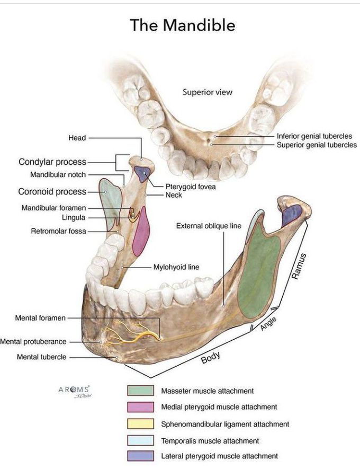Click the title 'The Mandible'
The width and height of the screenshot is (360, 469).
click(183, 25)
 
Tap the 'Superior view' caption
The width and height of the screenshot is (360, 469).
click(208, 92)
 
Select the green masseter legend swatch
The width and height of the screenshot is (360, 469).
click(140, 391)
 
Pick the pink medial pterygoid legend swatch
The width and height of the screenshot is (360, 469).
click(140, 407)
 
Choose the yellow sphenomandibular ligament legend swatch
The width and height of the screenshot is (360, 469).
click(140, 423)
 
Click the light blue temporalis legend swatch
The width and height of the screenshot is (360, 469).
click(140, 440)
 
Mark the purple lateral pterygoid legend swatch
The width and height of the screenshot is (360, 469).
click(140, 456)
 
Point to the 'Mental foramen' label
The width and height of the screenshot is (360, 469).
click(41, 318)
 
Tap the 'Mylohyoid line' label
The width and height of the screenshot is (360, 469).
click(176, 267)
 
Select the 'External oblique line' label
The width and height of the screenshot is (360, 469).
click(209, 226)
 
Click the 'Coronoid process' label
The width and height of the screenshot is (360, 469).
click(52, 192)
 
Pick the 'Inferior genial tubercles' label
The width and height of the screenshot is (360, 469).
click(314, 136)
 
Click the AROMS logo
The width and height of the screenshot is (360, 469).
click(74, 390)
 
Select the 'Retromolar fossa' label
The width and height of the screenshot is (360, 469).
click(58, 231)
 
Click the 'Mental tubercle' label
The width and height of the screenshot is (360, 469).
click(42, 357)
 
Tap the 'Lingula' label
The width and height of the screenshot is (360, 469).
click(73, 217)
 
